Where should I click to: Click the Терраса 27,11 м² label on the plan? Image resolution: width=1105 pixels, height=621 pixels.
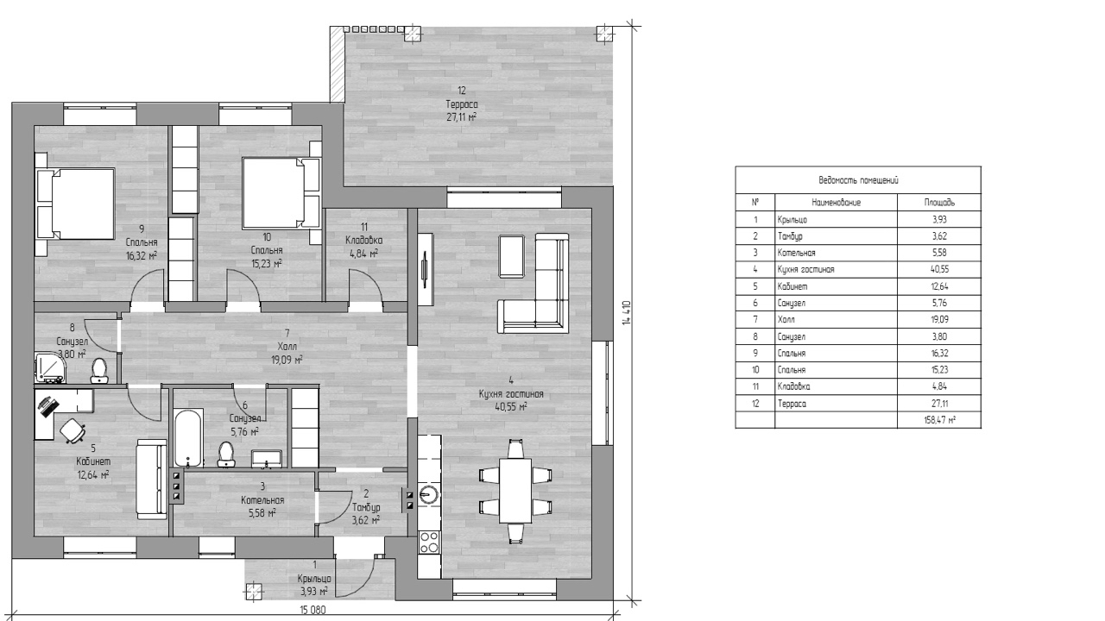point(462,104)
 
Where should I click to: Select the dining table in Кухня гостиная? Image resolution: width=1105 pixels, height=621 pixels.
point(515,491)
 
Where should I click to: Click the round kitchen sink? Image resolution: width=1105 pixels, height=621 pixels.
point(429,494)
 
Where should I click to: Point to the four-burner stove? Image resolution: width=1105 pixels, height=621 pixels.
point(429,543)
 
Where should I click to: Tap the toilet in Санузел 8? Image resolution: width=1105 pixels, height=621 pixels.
point(99,371)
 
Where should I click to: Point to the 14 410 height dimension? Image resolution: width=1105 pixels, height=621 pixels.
point(627,312)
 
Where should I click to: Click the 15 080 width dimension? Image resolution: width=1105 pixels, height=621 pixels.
point(313,610)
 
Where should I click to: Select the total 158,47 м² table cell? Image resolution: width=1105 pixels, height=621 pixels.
point(939,420)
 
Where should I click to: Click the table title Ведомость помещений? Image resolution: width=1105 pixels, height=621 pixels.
point(858,180)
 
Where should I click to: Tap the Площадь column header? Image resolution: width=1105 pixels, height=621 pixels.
point(939,203)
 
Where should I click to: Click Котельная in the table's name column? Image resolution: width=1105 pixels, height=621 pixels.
point(796,253)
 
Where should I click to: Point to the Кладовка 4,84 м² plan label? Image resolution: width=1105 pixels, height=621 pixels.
point(364,240)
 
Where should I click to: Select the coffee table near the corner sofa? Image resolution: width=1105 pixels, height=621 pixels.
point(512,256)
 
